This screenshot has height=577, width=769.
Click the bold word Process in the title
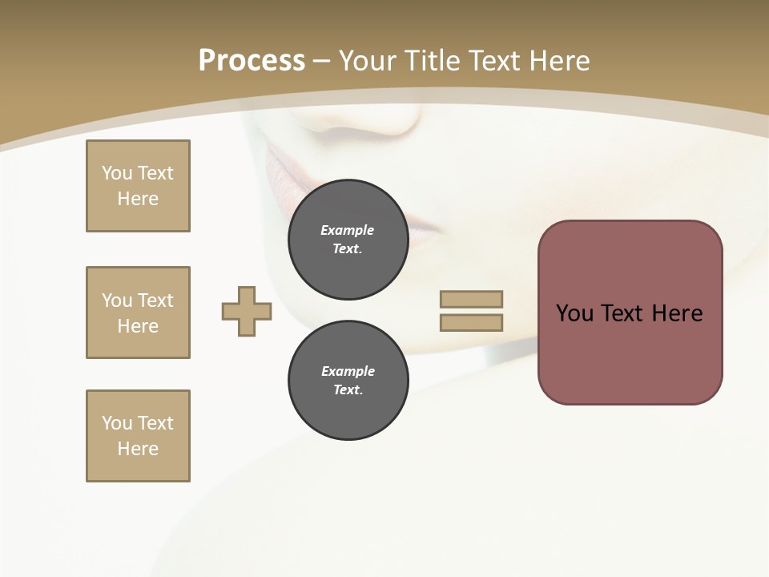[x=252, y=61]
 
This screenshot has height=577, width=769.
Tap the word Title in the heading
[x=433, y=61]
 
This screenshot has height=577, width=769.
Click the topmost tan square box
[x=138, y=186]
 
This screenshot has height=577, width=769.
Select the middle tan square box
[x=138, y=313]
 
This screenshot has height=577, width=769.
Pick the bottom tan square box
[x=138, y=436]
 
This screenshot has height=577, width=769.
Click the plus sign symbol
[x=247, y=312]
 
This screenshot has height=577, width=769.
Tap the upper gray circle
[x=348, y=240]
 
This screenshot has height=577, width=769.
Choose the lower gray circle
[x=348, y=381]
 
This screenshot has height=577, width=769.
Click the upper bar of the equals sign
[x=471, y=299]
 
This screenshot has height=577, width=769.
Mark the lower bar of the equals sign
[x=471, y=323]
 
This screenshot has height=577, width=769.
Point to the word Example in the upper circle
[x=347, y=230]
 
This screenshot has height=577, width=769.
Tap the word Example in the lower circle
[x=348, y=371]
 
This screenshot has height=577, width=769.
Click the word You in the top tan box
[x=116, y=173]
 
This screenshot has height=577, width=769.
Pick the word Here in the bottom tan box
[x=138, y=449]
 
